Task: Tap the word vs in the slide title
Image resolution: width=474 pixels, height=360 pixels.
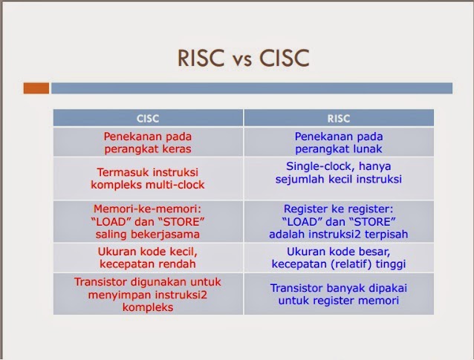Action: point(236,59)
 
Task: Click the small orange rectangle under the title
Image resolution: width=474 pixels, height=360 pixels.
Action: point(36,88)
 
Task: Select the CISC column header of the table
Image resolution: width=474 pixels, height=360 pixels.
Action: point(148,118)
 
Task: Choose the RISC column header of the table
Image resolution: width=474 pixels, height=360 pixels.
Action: point(338,118)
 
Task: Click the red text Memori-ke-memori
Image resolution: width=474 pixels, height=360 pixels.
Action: point(148,209)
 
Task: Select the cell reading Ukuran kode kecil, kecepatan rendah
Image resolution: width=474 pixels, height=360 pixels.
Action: point(148,256)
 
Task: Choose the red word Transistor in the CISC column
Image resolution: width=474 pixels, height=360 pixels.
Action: point(103,282)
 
